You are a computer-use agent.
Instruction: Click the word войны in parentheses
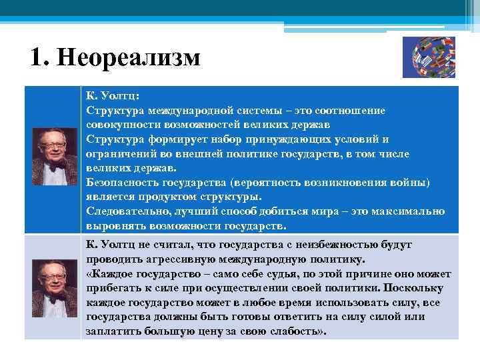[x=411, y=183]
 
